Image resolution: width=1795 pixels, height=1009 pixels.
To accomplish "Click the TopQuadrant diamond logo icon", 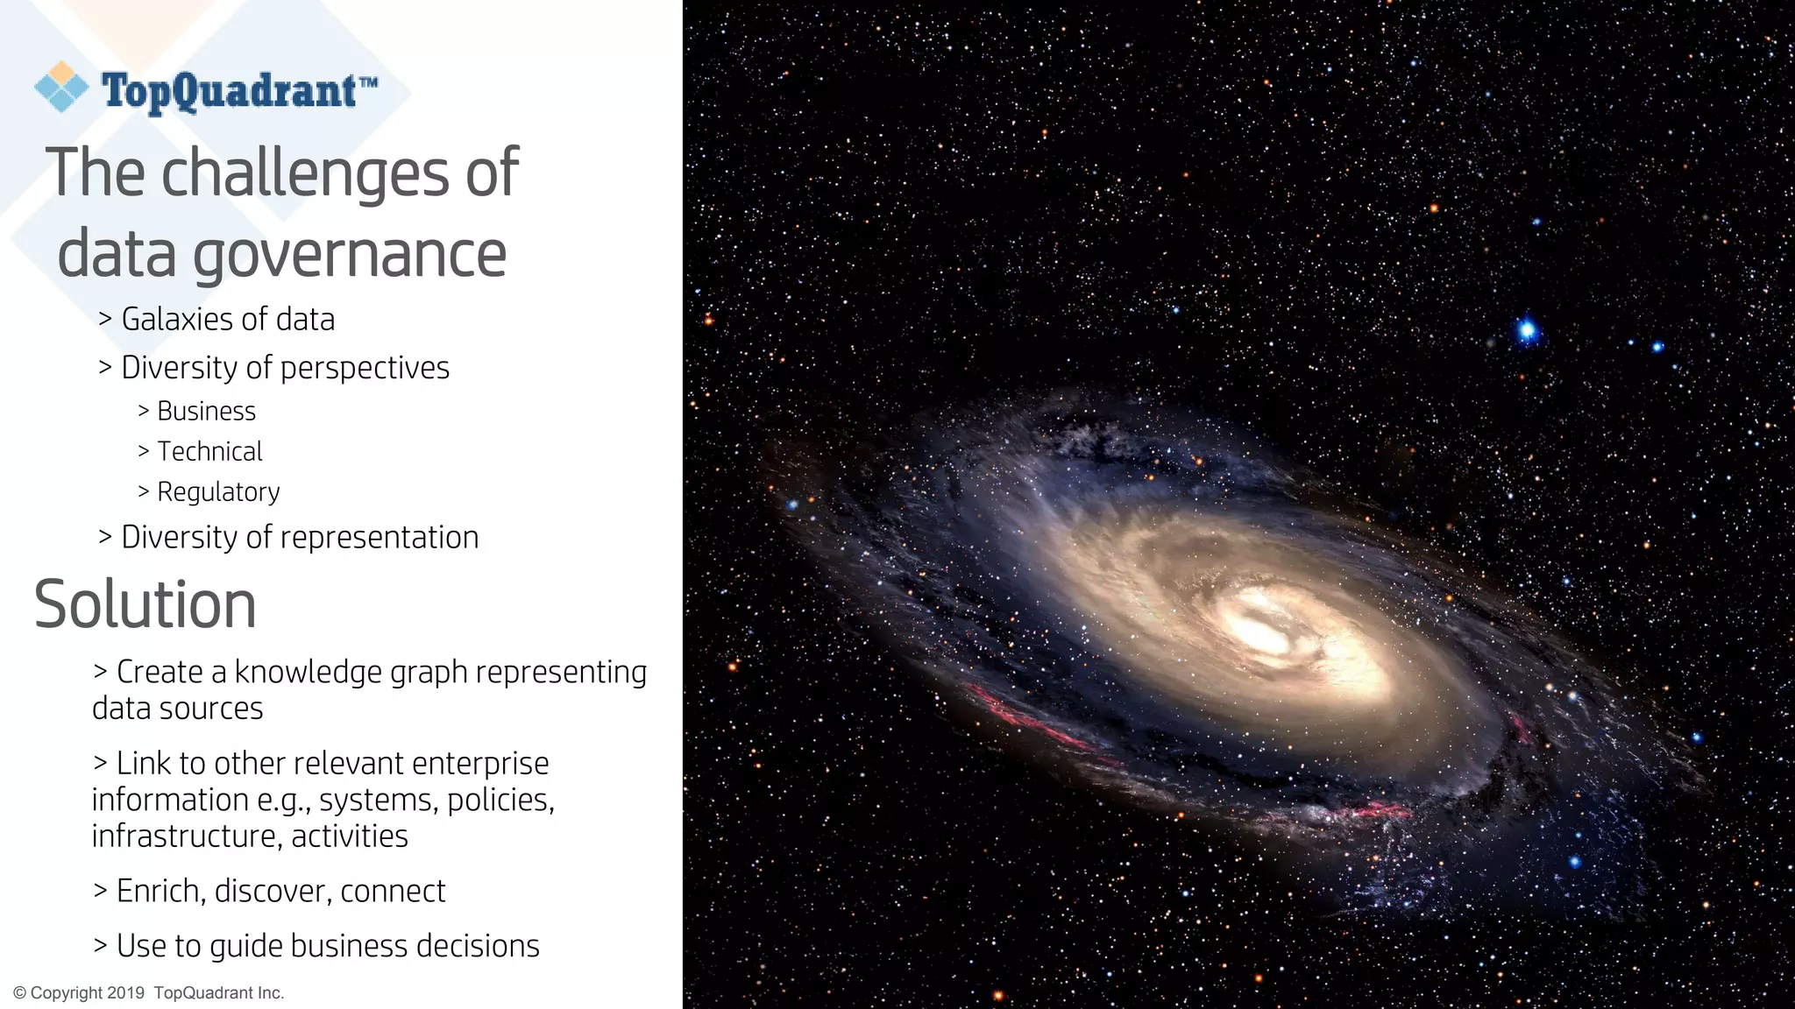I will coord(61,87).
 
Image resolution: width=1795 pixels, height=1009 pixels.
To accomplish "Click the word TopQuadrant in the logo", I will coord(229,91).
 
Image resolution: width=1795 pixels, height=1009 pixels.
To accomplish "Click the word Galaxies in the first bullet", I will coord(178,320).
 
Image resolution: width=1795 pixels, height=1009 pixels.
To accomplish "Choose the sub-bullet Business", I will coord(206,411).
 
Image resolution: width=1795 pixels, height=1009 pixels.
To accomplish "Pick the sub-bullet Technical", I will coord(209,451).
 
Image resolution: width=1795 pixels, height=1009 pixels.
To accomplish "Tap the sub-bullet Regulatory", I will coord(218,491).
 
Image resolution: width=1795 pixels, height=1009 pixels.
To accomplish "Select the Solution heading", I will coord(145,604).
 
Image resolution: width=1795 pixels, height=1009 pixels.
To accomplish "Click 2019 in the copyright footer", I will coord(125,993).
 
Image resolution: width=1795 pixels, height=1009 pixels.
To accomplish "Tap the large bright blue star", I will coord(1527,330).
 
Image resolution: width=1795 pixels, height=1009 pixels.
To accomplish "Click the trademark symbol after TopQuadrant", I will coord(368,81).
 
